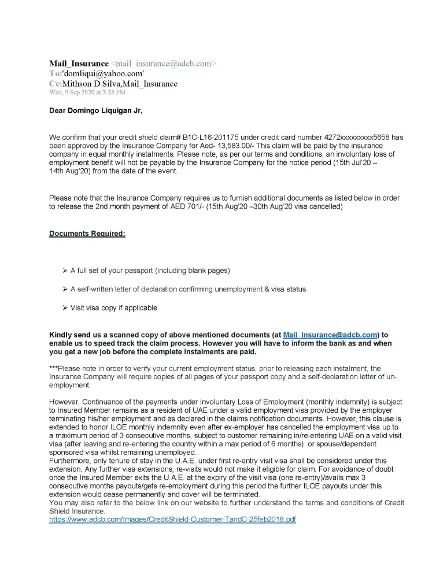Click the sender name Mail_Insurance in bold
[79, 64]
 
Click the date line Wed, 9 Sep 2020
[87, 92]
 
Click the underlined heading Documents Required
[87, 234]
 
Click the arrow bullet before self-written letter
[65, 289]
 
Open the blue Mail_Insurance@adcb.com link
[330, 335]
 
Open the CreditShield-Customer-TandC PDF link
[172, 520]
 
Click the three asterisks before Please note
[54, 368]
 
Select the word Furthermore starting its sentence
[71, 461]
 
